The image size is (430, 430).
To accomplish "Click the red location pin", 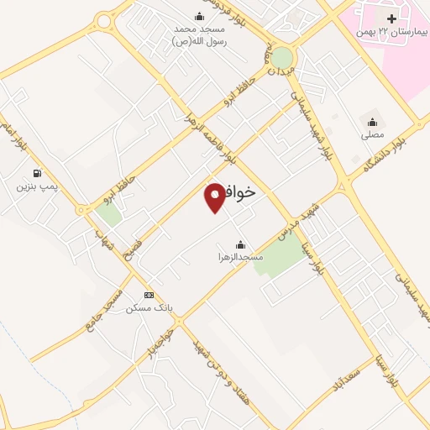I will pos(215,196).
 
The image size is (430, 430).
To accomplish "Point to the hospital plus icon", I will pos(391,18).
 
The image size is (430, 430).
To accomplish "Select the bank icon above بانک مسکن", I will pos(149,295).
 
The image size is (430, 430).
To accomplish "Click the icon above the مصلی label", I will pos(372,122).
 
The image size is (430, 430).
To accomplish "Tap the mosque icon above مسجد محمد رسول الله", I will pos(199,16).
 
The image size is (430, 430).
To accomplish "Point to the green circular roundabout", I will pos(282,57).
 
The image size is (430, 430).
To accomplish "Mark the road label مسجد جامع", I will pos(106,309).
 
